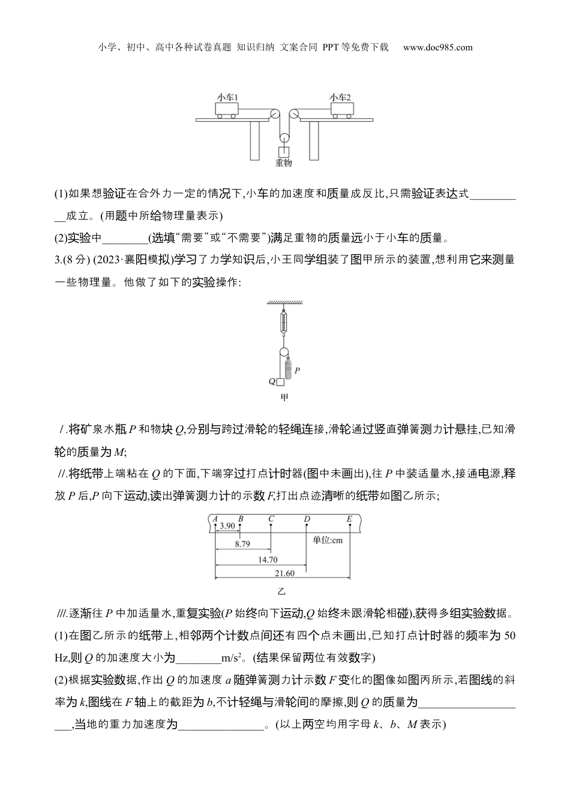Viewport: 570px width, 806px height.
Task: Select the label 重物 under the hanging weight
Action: click(283, 162)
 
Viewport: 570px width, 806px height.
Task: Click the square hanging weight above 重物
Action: click(283, 152)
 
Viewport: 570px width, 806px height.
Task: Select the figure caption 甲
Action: click(284, 398)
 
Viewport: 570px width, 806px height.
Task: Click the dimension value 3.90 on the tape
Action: click(227, 526)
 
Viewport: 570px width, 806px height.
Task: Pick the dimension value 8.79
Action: click(242, 544)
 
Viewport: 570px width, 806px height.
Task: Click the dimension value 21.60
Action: click(284, 573)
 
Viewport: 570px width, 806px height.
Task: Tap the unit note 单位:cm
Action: click(328, 540)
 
